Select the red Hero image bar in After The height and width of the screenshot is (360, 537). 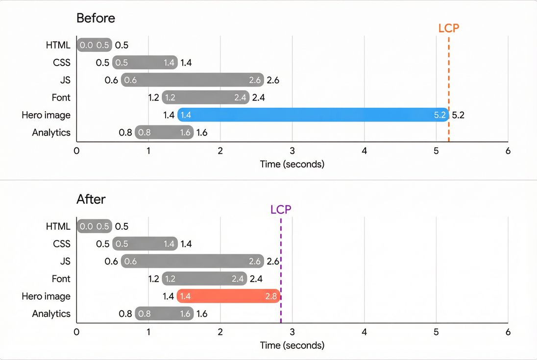[x=228, y=296]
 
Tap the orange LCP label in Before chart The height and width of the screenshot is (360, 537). [x=448, y=28]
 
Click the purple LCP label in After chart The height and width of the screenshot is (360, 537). [x=281, y=210]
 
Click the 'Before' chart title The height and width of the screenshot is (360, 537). [x=96, y=18]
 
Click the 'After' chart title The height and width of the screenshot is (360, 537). [x=91, y=199]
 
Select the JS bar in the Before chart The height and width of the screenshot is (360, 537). [x=192, y=80]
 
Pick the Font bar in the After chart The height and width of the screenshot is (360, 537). [x=205, y=279]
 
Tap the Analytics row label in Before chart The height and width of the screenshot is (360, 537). [x=51, y=133]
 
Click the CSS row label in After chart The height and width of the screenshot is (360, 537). [x=62, y=244]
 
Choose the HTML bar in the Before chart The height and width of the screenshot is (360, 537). [x=95, y=46]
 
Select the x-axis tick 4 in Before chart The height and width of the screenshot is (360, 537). [x=364, y=151]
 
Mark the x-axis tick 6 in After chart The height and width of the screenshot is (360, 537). [x=508, y=332]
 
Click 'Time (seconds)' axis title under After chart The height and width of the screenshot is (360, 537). [x=292, y=345]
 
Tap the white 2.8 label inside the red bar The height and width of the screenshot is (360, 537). [x=271, y=296]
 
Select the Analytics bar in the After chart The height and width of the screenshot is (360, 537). [x=164, y=314]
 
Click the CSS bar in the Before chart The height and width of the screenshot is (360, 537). [x=145, y=63]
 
